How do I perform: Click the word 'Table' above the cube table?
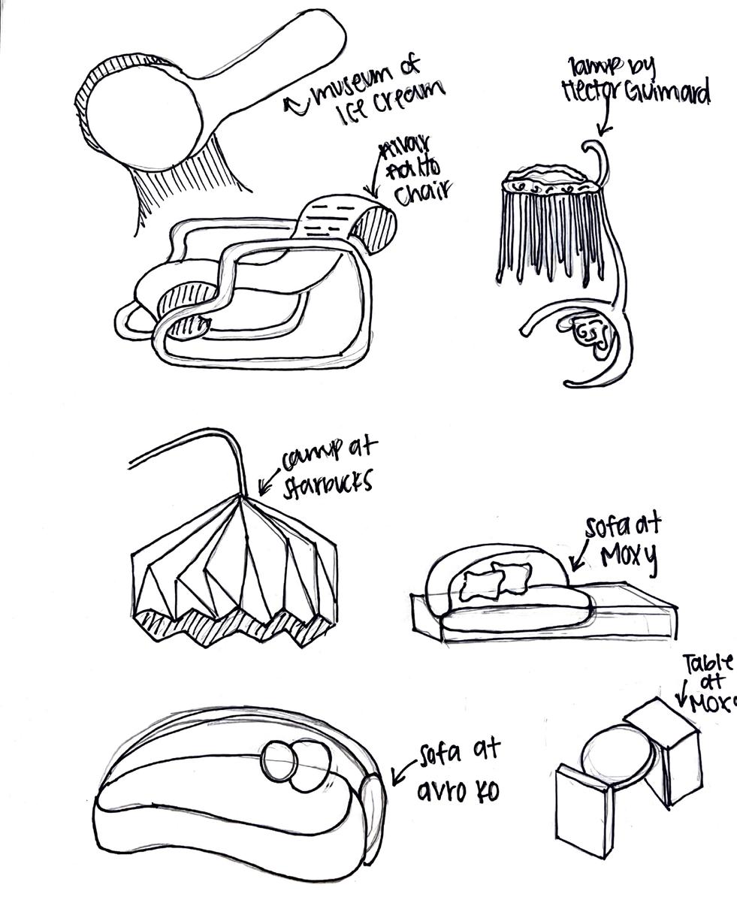pyautogui.click(x=706, y=664)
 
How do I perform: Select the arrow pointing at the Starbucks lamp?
pyautogui.click(x=269, y=479)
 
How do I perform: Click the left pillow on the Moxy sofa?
pyautogui.click(x=479, y=584)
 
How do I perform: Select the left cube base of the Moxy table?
pyautogui.click(x=584, y=808)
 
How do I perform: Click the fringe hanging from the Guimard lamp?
pyautogui.click(x=548, y=233)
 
